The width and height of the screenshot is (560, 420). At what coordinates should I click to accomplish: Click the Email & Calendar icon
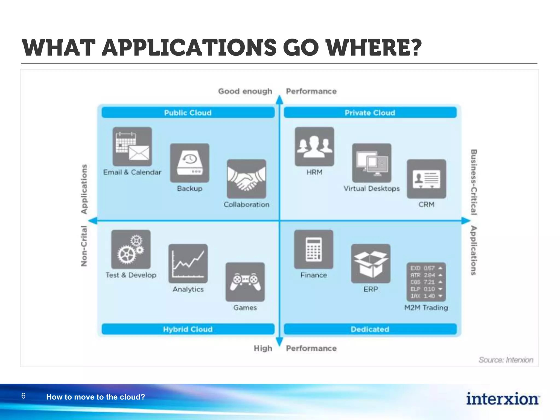[x=132, y=147]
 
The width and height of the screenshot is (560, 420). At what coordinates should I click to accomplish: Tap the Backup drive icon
[x=189, y=163]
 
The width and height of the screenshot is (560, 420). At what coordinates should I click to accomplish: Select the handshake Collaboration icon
[x=246, y=179]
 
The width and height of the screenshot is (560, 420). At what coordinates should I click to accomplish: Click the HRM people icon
[x=314, y=147]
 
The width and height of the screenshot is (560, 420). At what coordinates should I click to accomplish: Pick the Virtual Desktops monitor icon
[x=372, y=163]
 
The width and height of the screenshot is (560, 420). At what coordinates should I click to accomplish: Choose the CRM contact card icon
[x=426, y=179]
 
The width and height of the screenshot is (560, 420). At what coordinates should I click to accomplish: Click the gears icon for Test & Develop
[x=131, y=249]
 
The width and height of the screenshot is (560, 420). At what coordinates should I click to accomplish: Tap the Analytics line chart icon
[x=188, y=264]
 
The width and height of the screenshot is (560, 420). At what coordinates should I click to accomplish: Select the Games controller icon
[x=245, y=282]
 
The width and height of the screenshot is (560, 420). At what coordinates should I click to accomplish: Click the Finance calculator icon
[x=314, y=249]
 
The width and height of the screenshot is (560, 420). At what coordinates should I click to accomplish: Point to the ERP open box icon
[x=371, y=264]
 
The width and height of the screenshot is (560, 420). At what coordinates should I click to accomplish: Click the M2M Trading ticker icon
[x=426, y=282]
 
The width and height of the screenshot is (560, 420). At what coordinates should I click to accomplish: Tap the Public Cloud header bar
[x=188, y=113]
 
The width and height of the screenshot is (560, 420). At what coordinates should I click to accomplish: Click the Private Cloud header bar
[x=370, y=113]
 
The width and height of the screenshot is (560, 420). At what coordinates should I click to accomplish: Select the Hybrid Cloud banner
[x=188, y=329]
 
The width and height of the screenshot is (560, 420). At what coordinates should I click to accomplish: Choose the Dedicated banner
[x=370, y=329]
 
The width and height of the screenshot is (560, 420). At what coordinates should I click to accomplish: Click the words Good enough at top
[x=245, y=91]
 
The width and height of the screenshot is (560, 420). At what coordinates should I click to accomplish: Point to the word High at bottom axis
[x=263, y=348]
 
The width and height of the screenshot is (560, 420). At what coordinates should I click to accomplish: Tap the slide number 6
[x=24, y=396]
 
